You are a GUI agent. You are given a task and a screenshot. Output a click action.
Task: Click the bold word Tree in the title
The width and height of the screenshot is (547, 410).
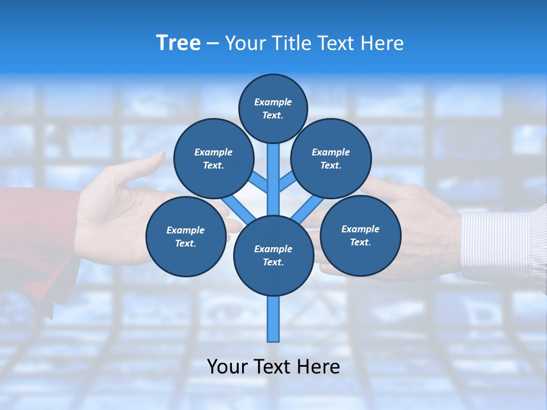point(178,43)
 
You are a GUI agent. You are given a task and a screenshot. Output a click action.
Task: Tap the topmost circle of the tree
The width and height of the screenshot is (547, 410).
point(273,108)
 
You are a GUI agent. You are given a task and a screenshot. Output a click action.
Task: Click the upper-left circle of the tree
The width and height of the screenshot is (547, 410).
point(214,158)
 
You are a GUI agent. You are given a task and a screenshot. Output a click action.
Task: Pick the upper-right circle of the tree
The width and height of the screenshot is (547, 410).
point(331,158)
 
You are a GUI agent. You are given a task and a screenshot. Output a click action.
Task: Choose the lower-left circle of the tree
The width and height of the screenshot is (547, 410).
point(186,236)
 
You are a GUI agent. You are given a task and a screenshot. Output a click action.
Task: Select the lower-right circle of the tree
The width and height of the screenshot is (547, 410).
point(360,235)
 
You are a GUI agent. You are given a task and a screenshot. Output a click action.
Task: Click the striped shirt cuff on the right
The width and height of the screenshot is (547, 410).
point(496,245)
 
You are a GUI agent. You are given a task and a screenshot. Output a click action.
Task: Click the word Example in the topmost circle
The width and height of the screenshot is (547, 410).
point(273,102)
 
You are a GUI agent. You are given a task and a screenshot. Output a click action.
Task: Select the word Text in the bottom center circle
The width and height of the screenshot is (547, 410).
point(272,262)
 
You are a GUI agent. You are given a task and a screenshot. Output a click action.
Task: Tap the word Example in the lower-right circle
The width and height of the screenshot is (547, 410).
point(360,229)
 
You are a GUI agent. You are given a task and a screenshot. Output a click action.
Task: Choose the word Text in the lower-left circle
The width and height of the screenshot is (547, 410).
point(185,243)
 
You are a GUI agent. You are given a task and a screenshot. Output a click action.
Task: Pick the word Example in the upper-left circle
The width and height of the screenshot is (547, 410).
point(214,152)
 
